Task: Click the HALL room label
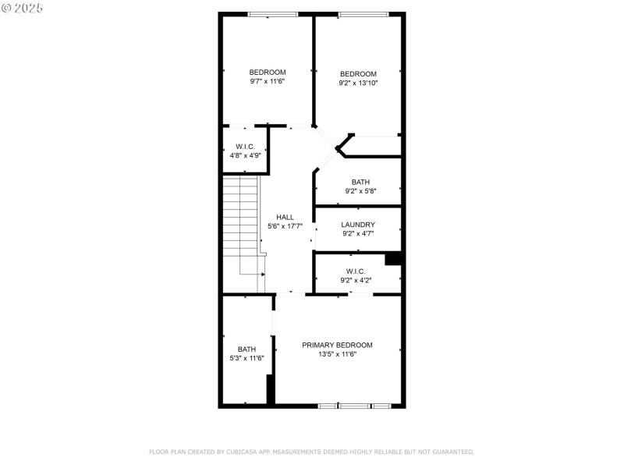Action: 285,218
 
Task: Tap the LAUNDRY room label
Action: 357,225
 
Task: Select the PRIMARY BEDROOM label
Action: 337,345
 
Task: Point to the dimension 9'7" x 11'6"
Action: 268,81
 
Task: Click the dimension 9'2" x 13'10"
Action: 358,83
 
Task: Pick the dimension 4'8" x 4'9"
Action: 246,155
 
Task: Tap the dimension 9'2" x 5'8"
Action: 360,190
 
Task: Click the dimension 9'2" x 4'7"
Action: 357,233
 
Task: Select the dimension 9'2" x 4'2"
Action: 356,280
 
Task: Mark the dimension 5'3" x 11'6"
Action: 246,358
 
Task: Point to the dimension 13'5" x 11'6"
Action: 337,354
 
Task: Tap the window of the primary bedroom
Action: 354,406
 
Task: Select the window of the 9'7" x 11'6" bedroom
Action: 272,14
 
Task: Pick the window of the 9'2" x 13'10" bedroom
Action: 363,14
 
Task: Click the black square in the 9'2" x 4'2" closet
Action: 394,260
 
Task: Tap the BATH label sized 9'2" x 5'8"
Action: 360,182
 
